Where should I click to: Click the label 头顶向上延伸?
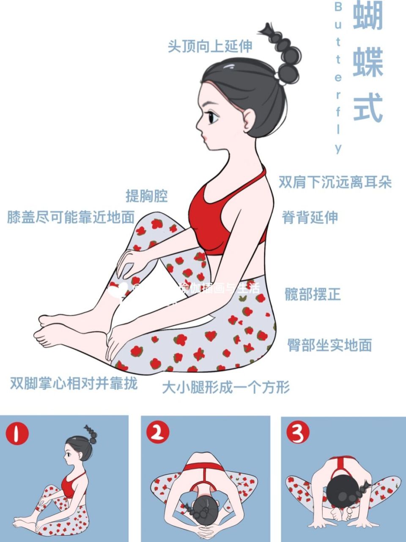coord(210,46)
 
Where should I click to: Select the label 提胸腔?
coord(147,196)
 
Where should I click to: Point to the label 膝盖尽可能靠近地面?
coord(71,217)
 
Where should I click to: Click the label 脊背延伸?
coord(310,217)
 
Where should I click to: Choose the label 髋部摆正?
coord(313,294)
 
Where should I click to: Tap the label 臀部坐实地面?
coord(329,345)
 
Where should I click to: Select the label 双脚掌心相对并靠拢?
coord(74,384)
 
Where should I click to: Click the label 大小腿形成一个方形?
coord(226,387)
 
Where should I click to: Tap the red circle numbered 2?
coord(158,432)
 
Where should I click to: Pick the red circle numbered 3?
coord(298,432)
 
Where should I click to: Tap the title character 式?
coord(368,108)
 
